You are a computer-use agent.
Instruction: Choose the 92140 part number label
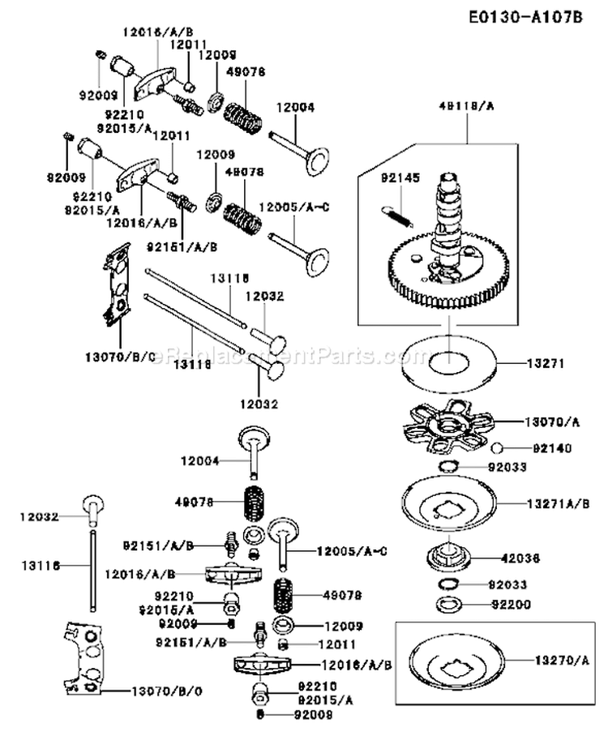point(537,447)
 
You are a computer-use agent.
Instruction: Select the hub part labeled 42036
point(446,557)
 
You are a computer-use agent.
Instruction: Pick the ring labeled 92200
point(446,603)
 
